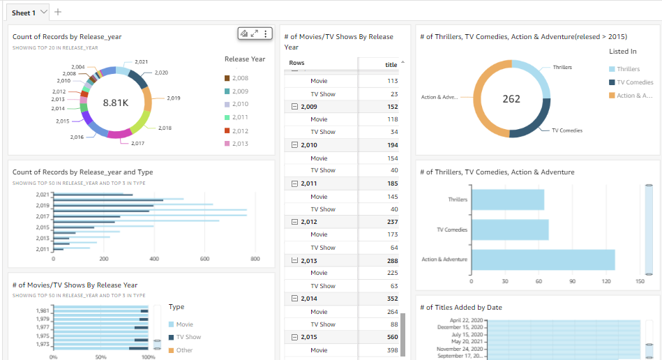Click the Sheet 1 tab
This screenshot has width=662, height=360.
point(24,13)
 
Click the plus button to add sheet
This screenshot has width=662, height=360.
point(58,12)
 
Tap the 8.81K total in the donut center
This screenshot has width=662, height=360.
point(116,103)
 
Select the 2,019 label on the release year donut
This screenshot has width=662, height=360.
point(173,98)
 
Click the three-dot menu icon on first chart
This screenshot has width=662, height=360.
point(266,33)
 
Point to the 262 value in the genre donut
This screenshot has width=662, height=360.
point(511,99)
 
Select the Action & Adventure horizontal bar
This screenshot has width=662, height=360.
point(543,260)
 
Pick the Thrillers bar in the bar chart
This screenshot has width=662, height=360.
point(508,200)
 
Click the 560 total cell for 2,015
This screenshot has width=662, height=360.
point(392,337)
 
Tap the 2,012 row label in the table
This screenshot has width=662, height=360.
point(308,222)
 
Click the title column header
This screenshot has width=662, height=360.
point(391,65)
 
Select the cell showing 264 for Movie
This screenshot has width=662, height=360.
point(392,312)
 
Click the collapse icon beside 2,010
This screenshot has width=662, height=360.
point(294,145)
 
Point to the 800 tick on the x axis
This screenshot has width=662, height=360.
point(255,259)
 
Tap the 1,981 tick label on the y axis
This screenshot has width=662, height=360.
point(43,311)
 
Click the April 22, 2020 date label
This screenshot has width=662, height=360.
point(465,320)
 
